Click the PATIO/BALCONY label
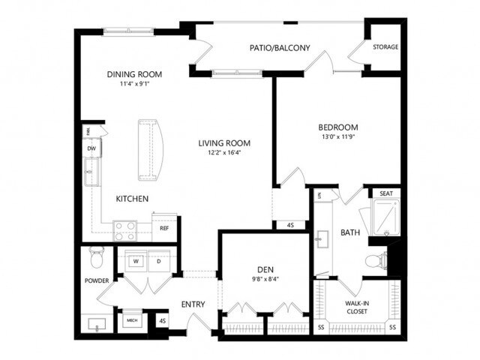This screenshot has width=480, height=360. coord(279,48)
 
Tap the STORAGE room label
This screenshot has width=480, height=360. coord(385,47)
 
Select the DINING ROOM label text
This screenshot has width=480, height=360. coord(134,73)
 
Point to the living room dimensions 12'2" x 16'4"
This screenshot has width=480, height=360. coord(224,153)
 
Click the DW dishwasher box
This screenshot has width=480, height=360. coord(91,148)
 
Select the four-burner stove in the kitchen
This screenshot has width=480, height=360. coord(125,229)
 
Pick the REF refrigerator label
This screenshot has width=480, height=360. coord(163,229)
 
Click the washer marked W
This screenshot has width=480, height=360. coord(137,261)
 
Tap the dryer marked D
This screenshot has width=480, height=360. coord(159,261)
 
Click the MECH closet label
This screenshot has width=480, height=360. coord(132,320)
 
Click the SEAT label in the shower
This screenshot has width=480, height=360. coord(386,193)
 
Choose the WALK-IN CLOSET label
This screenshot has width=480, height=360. coord(357,307)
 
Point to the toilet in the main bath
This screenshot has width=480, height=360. coord(373,260)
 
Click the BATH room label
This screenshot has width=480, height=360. coord(350,233)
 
